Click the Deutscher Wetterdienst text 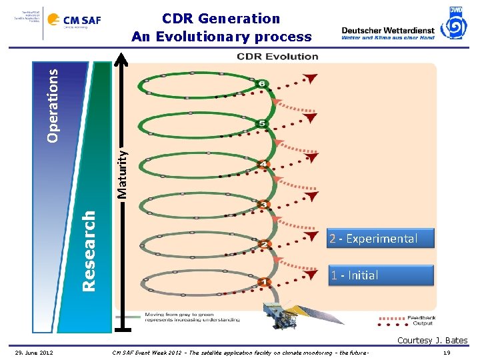(387, 30)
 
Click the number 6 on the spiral (263, 84)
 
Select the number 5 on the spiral (262, 123)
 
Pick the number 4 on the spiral (264, 164)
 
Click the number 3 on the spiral (264, 204)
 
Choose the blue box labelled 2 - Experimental (380, 239)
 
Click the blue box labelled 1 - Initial (380, 275)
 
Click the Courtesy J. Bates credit (432, 341)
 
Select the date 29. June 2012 (35, 352)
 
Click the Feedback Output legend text (421, 320)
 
